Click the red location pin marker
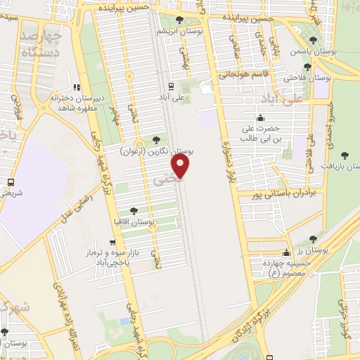181,167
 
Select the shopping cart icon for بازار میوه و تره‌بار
112,243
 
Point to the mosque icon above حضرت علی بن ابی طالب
260,117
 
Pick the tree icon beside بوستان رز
312,239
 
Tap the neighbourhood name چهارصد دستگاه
41,43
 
